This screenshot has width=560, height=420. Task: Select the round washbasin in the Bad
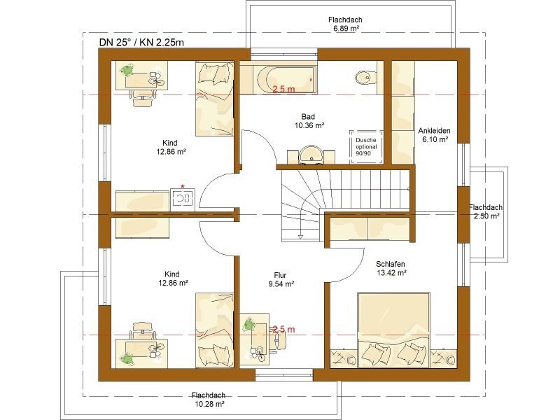311,154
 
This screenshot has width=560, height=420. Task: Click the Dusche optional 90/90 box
366,147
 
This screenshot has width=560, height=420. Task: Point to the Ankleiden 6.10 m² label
434,135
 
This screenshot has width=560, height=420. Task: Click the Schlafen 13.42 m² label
391,268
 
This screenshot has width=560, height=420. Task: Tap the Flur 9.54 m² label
281,279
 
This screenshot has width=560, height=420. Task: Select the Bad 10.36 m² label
309,120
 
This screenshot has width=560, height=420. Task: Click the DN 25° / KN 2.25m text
141,43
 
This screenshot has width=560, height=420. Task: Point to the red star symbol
183,186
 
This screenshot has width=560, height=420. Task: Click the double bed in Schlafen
393,330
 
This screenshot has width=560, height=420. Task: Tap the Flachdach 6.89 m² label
345,24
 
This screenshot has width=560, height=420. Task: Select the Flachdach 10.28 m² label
209,400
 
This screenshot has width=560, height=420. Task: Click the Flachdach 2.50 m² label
486,211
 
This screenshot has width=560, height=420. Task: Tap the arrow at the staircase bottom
301,234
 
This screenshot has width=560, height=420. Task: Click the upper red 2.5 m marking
283,90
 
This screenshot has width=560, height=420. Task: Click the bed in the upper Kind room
215,99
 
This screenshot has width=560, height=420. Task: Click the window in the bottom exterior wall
284,375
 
